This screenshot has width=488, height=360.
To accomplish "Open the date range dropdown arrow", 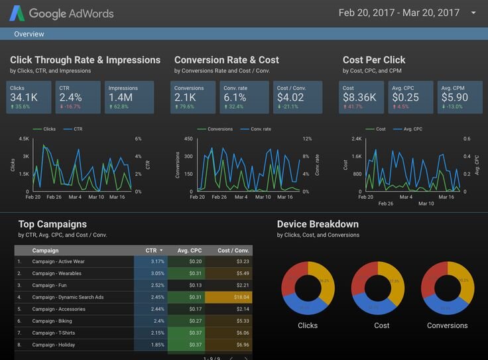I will [473, 13].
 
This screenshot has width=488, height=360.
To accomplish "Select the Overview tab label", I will [29, 34].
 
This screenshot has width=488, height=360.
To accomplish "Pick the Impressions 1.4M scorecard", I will [129, 97].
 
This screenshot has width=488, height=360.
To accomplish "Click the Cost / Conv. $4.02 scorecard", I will [298, 97].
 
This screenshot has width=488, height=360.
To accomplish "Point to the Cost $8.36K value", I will [359, 98].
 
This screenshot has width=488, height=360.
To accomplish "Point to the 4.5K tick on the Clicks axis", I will [24, 139].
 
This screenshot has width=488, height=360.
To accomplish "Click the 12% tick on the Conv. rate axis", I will [307, 139].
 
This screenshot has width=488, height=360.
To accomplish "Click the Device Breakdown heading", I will [318, 224].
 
